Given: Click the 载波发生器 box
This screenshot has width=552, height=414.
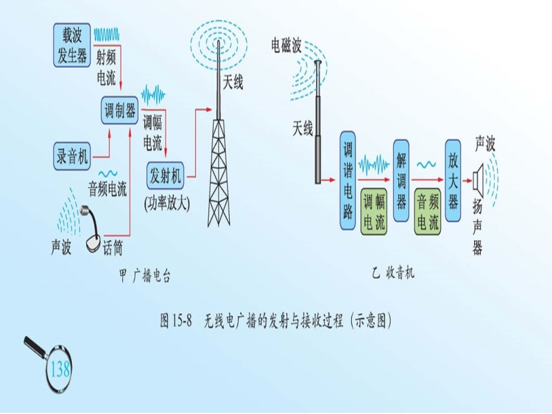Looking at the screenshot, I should coord(72,45).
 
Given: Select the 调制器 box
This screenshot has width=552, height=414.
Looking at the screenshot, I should coord(119,110).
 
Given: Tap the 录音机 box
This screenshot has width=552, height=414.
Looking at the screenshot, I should coord(72,156).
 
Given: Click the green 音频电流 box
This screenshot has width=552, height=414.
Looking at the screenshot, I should coord(426,213).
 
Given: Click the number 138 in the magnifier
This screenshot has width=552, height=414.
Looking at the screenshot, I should coord(61,370).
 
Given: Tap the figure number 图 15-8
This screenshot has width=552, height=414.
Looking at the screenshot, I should coord(175,321).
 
